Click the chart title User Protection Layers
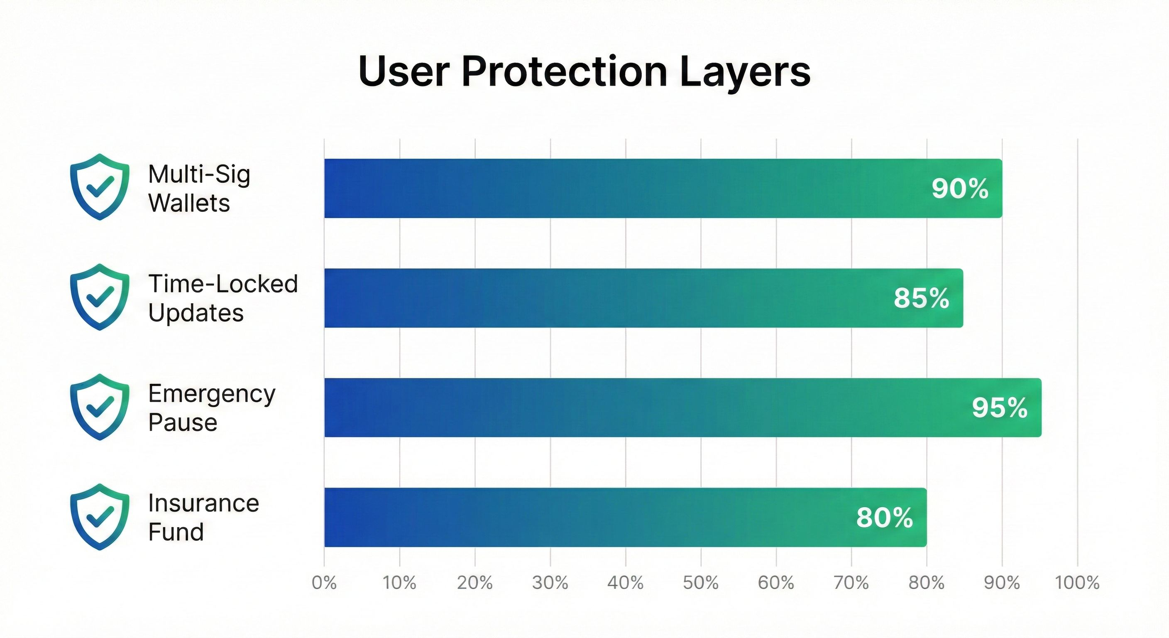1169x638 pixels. coord(584,72)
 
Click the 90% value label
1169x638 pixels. coord(960,189)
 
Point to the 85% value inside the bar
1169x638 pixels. coord(921,298)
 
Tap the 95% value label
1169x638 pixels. coord(999,408)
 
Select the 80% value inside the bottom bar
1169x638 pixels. coord(884,518)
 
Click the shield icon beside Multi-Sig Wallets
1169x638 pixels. coord(100,186)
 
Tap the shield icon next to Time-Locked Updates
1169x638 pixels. coord(100,297)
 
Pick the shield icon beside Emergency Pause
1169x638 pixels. coord(100,407)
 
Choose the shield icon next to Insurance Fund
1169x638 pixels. coord(100,517)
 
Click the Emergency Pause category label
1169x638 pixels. coord(211,408)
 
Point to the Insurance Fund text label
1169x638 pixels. coord(203,517)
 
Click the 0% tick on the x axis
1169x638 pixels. coord(324,583)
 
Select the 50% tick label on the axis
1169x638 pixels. coord(701,583)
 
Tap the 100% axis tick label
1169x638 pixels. coord(1077,583)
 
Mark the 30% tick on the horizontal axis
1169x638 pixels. coord(550,583)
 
